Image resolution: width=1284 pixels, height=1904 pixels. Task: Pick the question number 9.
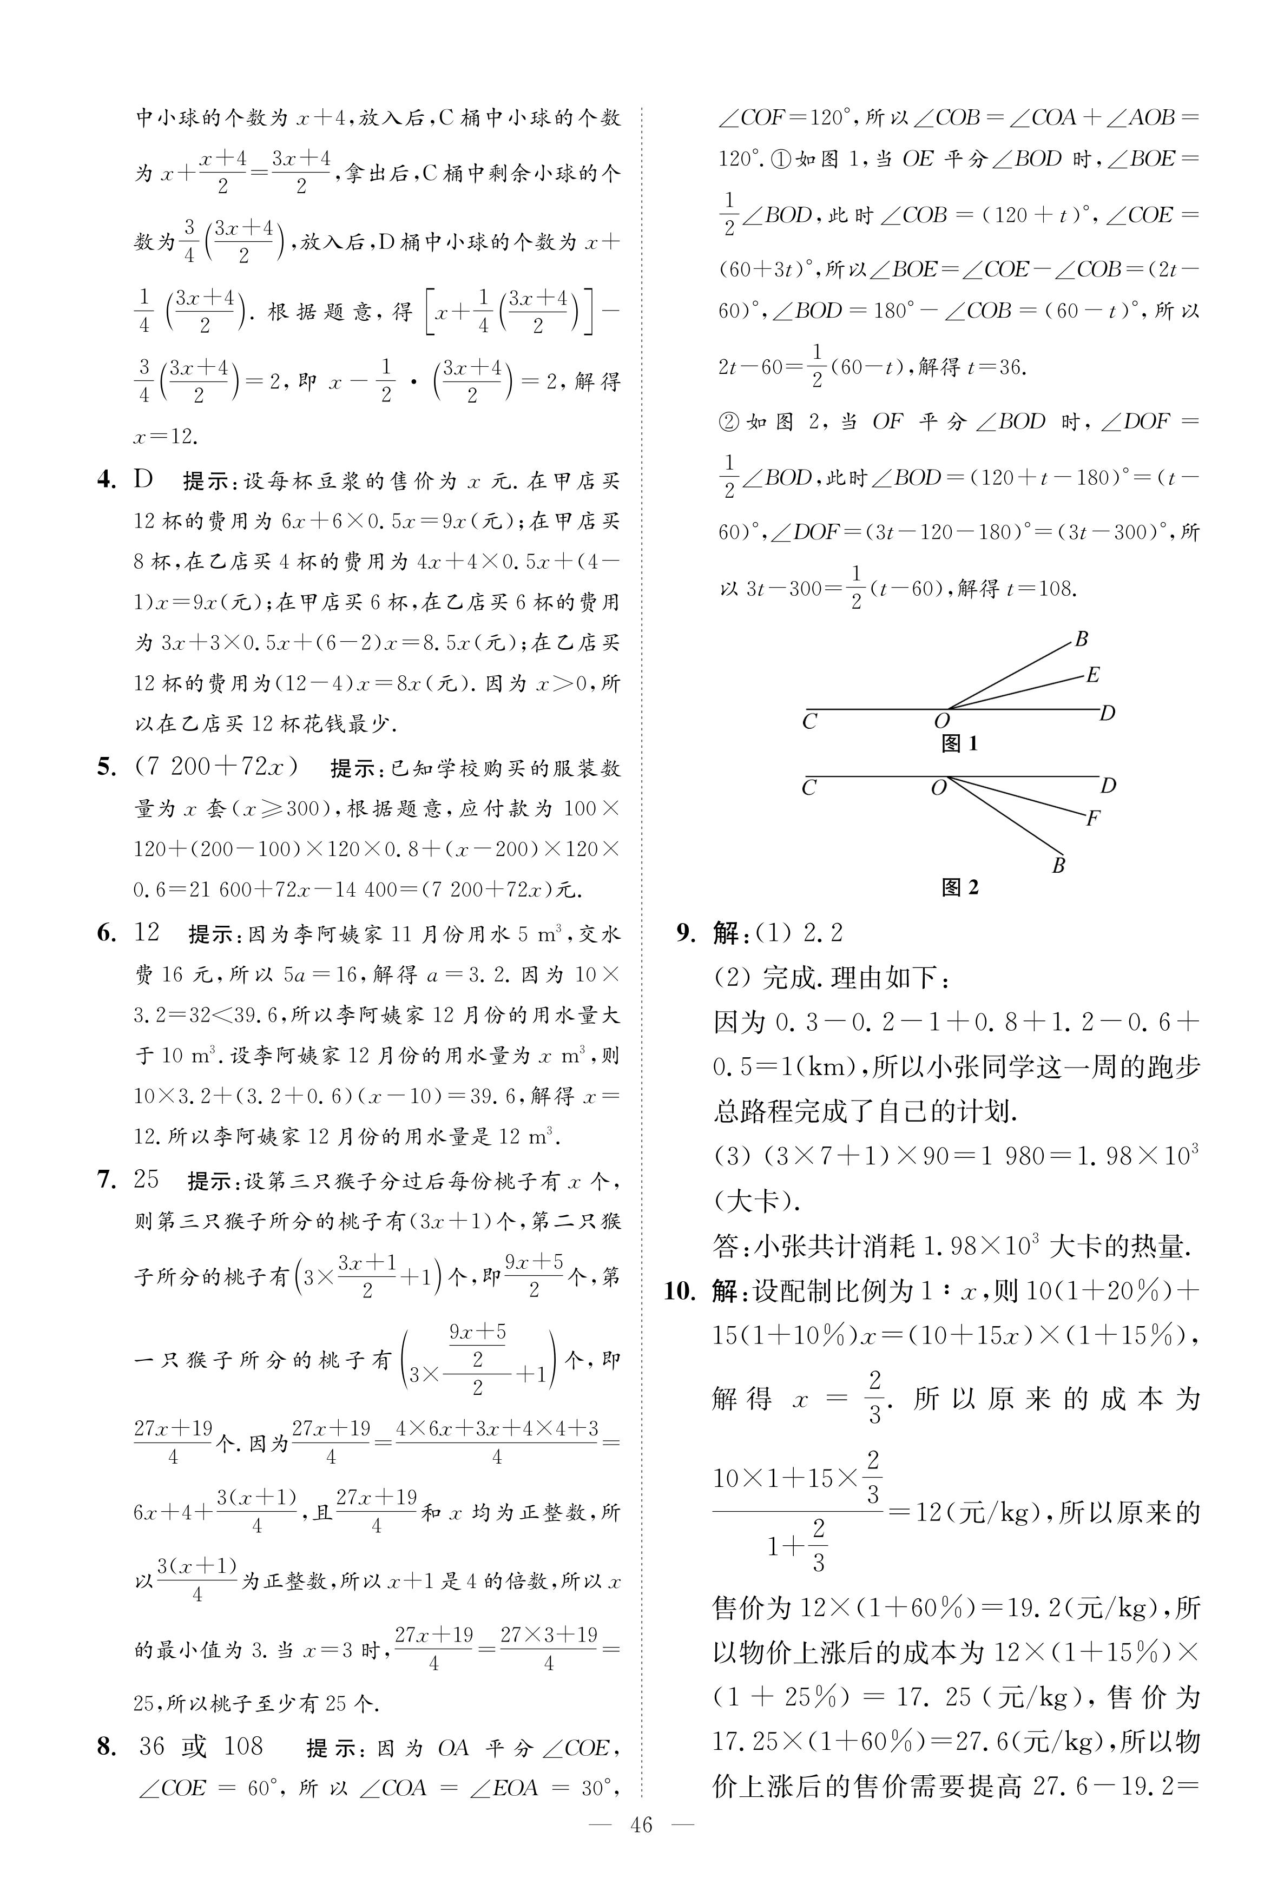[686, 933]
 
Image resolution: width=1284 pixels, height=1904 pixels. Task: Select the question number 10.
[679, 1292]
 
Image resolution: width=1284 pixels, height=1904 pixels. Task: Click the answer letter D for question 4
[144, 479]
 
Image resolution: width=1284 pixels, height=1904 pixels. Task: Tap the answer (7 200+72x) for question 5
[217, 767]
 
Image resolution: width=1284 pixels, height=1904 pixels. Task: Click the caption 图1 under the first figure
[960, 743]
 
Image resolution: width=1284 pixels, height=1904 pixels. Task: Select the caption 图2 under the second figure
[960, 887]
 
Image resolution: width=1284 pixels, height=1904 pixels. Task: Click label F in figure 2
[1092, 818]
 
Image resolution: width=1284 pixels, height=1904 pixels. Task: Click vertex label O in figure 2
[939, 788]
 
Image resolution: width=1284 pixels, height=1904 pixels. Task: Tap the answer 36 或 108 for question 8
[201, 1747]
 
